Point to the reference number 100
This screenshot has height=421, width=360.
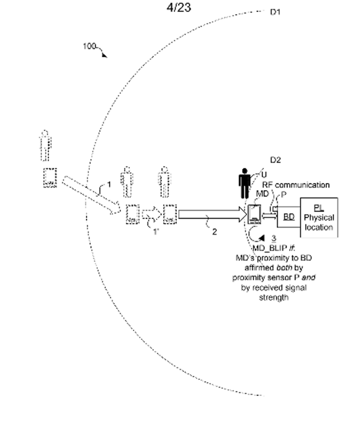tap(89, 46)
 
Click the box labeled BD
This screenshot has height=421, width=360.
tap(288, 216)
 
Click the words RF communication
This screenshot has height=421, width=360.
tap(296, 185)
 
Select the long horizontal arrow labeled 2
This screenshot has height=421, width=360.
tap(210, 215)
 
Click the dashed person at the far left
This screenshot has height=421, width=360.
tap(46, 143)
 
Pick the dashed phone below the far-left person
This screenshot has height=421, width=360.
tap(51, 178)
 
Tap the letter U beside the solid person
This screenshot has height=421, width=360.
tap(257, 174)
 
